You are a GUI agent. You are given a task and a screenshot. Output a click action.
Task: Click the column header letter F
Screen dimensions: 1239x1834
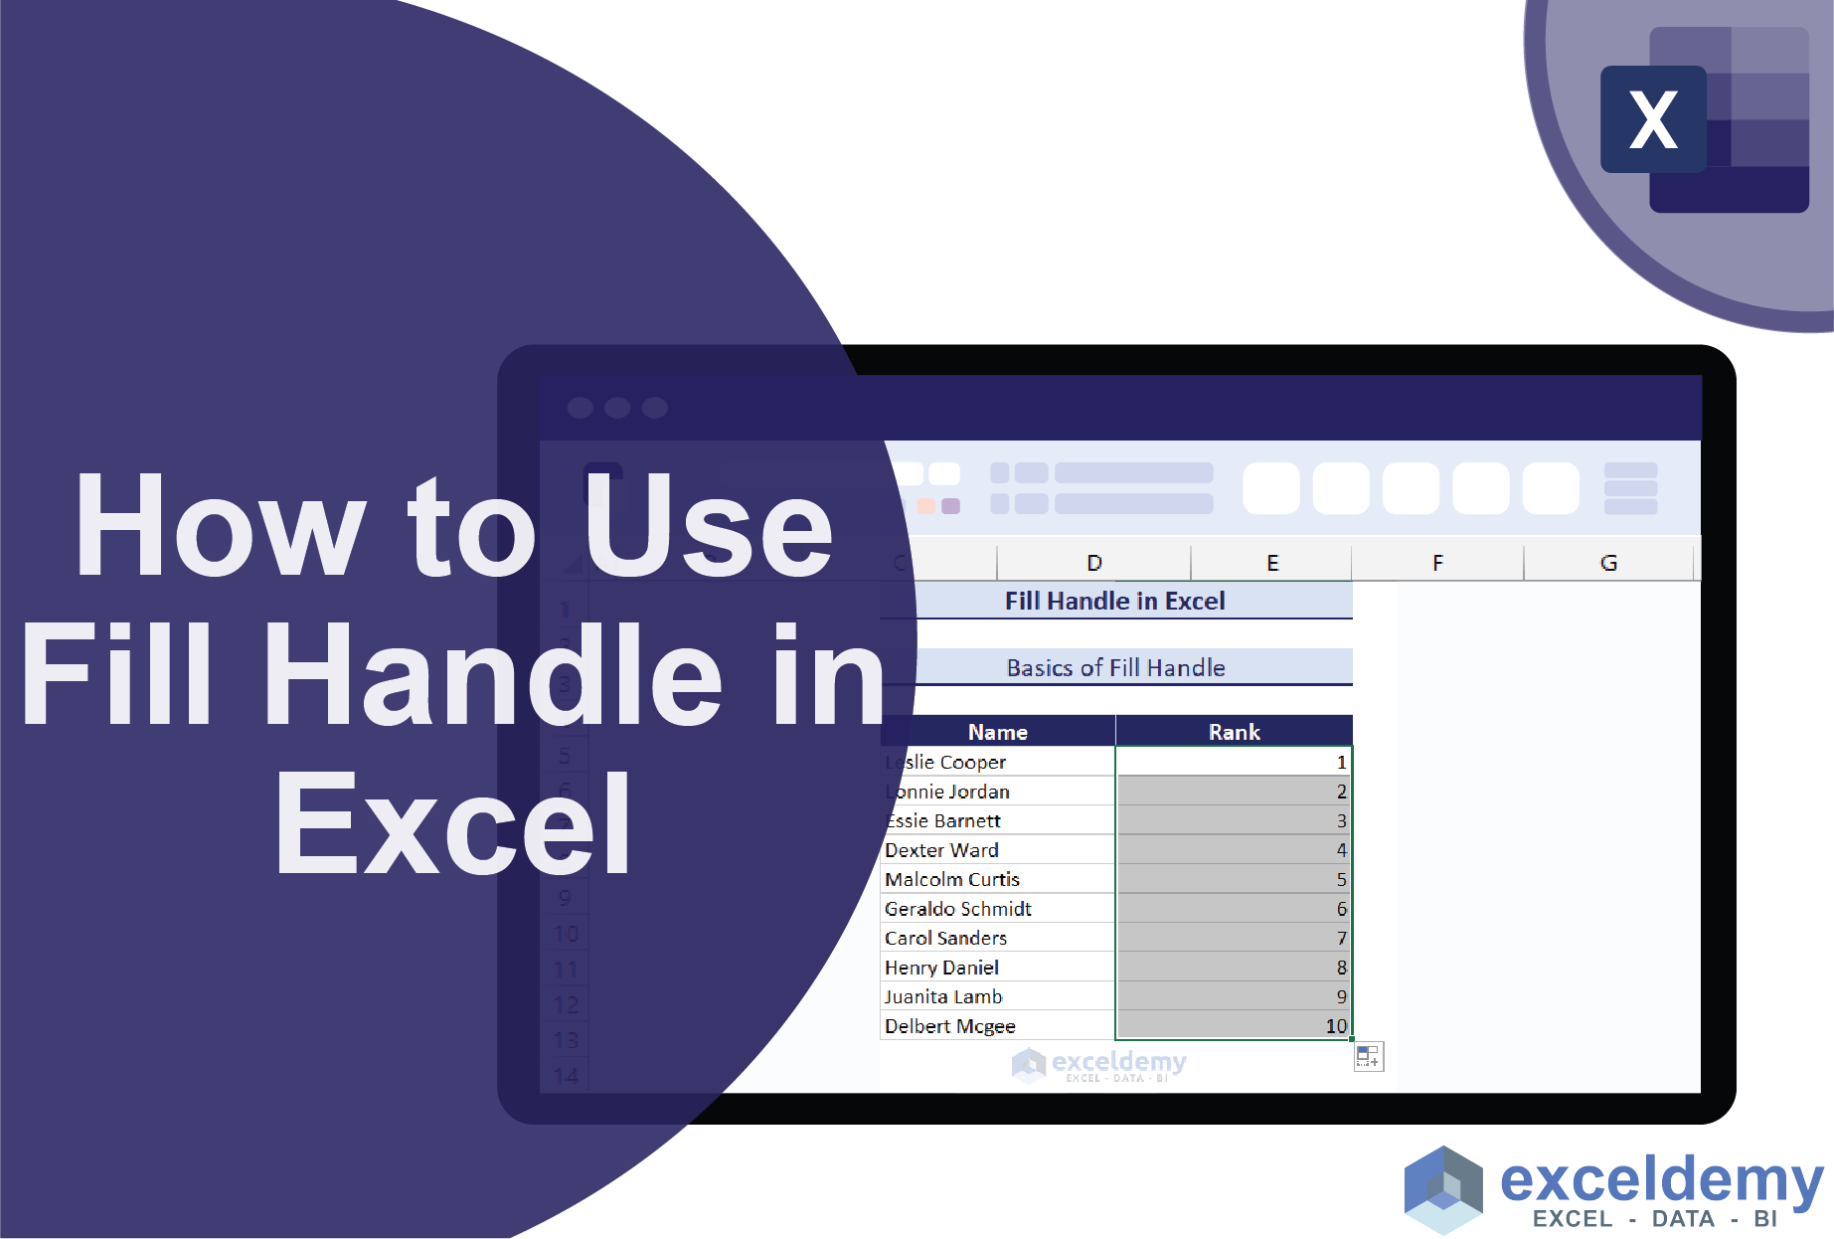[1437, 563]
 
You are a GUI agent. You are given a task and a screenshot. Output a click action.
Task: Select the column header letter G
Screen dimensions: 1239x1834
[1608, 563]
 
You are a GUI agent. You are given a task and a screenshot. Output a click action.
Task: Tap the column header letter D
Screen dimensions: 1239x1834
[1093, 563]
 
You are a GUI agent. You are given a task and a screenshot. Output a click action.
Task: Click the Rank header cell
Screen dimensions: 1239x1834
[1234, 732]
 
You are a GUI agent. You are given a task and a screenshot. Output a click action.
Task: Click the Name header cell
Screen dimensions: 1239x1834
[998, 732]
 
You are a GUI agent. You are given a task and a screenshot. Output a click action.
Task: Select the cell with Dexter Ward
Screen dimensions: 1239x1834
[942, 850]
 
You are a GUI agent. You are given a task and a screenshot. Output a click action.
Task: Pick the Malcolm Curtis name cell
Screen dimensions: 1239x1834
[952, 879]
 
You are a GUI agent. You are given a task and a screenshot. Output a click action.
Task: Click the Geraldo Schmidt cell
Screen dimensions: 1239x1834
[958, 909]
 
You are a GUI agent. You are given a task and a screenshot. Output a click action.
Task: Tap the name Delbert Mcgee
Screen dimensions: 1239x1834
[950, 1026]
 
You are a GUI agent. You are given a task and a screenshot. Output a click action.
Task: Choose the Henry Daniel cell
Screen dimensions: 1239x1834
[942, 968]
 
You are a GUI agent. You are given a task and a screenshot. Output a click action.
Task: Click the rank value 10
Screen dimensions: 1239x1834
[1336, 1026]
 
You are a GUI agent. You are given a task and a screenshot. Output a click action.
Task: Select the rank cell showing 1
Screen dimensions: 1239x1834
[1341, 763]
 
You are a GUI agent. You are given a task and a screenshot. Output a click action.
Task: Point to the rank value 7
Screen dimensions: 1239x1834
[1341, 938]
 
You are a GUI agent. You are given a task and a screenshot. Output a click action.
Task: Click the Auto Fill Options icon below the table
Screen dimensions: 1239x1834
[1368, 1057]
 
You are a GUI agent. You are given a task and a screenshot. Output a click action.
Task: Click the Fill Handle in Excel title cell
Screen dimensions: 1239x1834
[1114, 601]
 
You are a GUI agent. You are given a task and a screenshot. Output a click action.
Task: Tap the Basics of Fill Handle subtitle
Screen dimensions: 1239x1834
[1115, 668]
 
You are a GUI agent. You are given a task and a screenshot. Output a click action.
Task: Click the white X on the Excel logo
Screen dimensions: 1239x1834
[1653, 120]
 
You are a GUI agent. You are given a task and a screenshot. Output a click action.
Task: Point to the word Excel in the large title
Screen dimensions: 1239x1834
[453, 825]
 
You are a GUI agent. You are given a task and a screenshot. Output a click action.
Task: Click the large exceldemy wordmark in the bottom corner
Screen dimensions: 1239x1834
[1661, 1180]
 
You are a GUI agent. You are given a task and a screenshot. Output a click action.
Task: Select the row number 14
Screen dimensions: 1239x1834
[566, 1076]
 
